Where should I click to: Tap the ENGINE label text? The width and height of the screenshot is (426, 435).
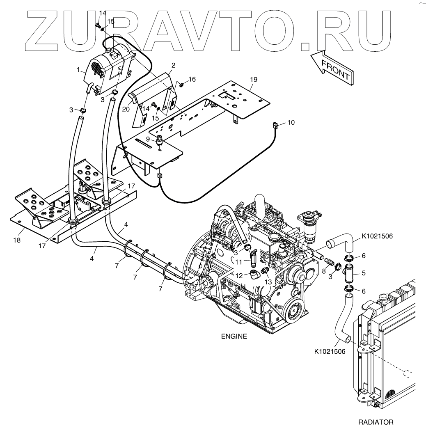[234, 337]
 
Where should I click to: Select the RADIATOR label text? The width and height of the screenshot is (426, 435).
[376, 422]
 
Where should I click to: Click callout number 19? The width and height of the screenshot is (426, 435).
[253, 79]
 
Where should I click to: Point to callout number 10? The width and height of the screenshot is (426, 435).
[291, 122]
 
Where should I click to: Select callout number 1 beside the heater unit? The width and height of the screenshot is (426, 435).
[78, 70]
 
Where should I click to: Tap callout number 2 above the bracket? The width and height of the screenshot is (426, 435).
[174, 65]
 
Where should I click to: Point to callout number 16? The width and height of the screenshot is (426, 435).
[192, 79]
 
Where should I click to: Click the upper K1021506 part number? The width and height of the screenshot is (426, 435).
[378, 236]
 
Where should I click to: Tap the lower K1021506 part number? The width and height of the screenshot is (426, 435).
[329, 351]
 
